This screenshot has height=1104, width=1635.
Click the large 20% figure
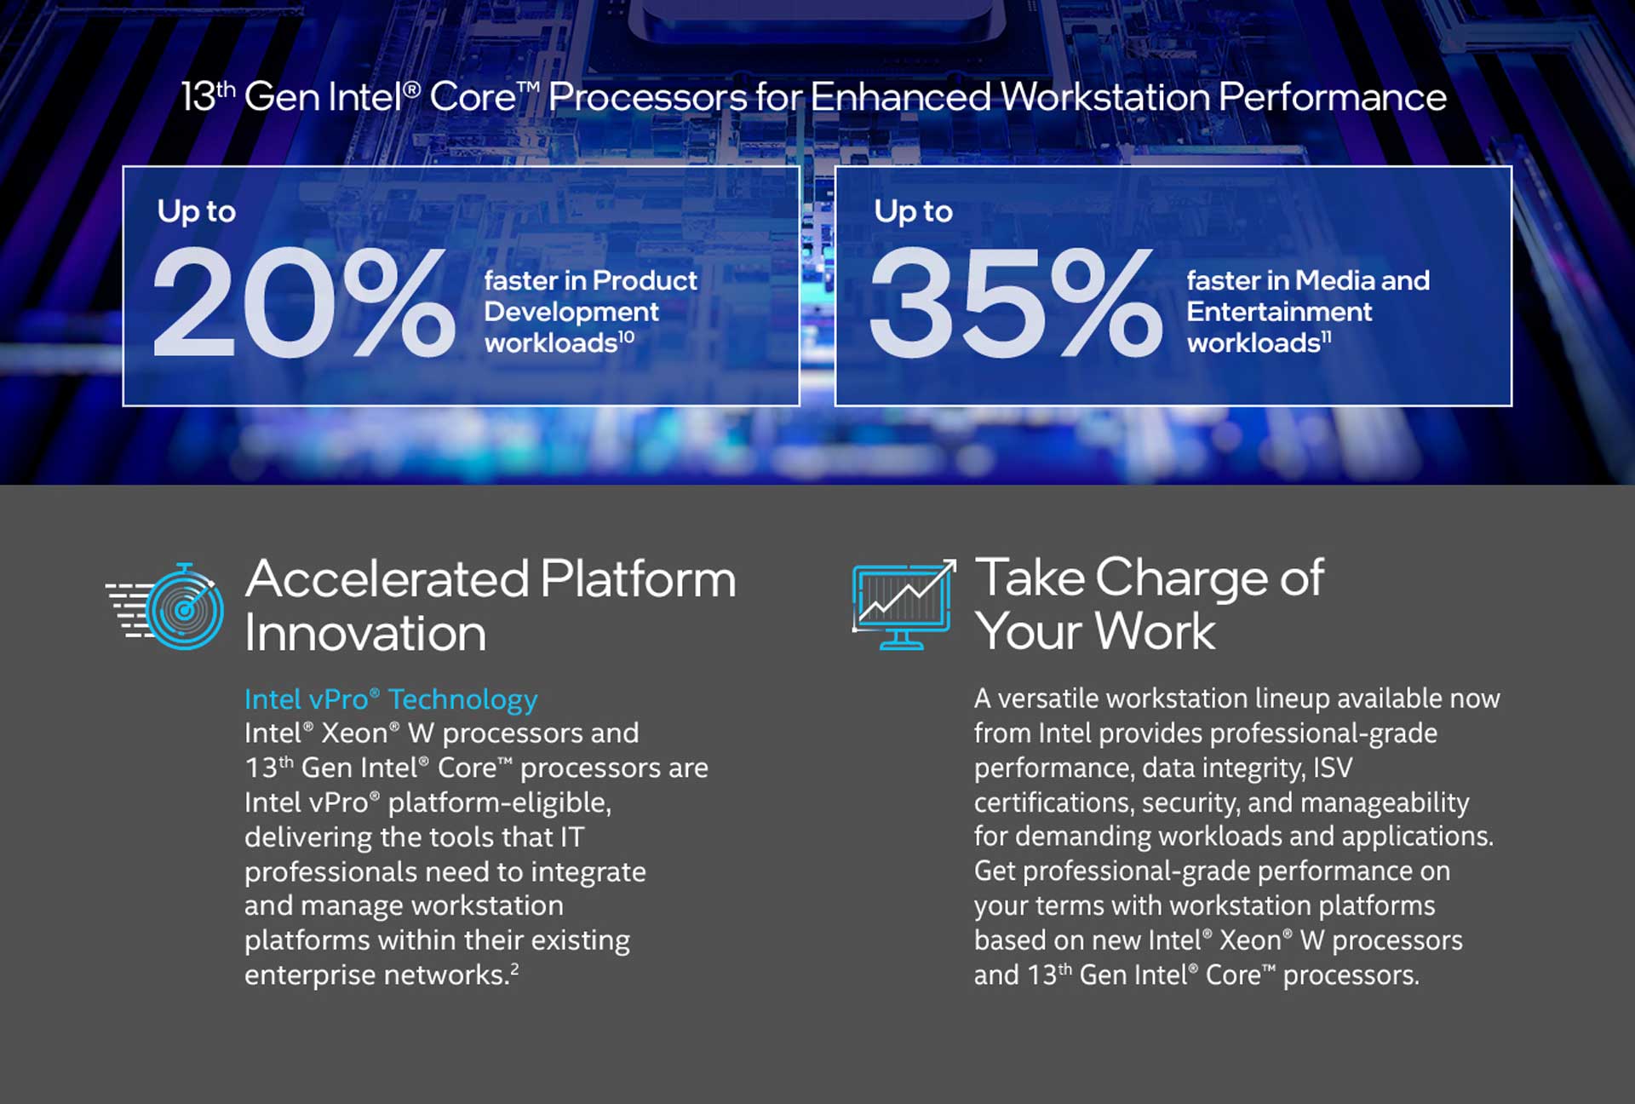(x=304, y=303)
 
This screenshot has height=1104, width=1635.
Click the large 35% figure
(x=1015, y=303)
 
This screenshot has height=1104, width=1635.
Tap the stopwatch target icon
(x=165, y=606)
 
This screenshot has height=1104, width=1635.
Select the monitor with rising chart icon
(x=904, y=604)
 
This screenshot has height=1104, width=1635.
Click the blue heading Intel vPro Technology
(x=391, y=699)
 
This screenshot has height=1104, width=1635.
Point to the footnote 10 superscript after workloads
(x=626, y=336)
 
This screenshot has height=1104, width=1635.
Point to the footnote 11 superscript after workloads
(x=1326, y=336)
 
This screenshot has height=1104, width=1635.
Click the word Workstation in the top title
(x=1104, y=97)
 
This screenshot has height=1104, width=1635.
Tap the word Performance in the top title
(x=1333, y=97)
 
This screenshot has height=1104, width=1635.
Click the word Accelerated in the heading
(x=387, y=579)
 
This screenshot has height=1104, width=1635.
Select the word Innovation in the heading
(x=365, y=634)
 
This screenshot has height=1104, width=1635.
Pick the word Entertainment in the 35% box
(x=1279, y=312)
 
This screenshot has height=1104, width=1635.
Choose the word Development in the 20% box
(x=571, y=313)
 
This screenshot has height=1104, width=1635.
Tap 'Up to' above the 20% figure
(x=197, y=212)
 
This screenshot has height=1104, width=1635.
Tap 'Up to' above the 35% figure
(x=914, y=212)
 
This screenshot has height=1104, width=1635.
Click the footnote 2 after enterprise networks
(x=514, y=969)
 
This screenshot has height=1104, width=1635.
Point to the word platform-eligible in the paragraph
(x=499, y=803)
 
